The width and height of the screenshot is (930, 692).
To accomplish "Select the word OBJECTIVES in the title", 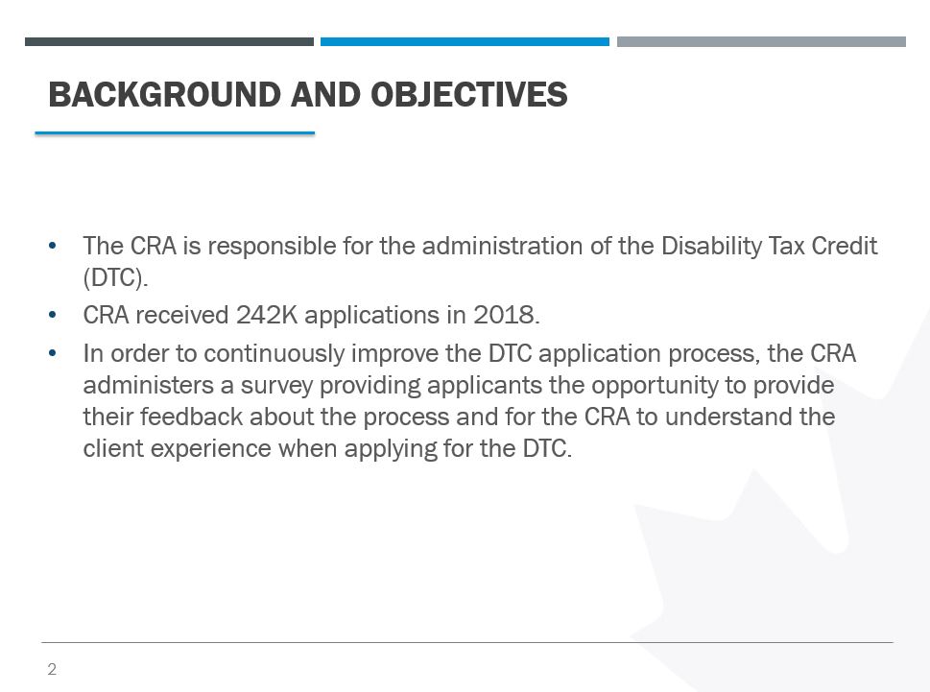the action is [469, 94].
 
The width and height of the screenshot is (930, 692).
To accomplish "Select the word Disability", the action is [711, 247].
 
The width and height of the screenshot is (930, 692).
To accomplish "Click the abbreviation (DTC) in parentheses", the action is [115, 278].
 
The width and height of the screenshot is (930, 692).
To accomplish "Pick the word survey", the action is [276, 387].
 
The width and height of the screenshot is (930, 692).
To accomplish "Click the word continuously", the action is [274, 354].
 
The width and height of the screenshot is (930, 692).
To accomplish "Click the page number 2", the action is [52, 669].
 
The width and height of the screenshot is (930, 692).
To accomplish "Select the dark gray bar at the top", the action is [169, 41].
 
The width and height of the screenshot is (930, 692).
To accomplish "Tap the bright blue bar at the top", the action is [465, 41].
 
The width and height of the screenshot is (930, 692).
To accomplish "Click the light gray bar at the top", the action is [761, 41].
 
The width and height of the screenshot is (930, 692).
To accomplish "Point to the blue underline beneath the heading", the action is [175, 132].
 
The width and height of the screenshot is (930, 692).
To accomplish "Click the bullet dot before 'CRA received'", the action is [52, 315].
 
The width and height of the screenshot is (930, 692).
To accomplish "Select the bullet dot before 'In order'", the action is [52, 354].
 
